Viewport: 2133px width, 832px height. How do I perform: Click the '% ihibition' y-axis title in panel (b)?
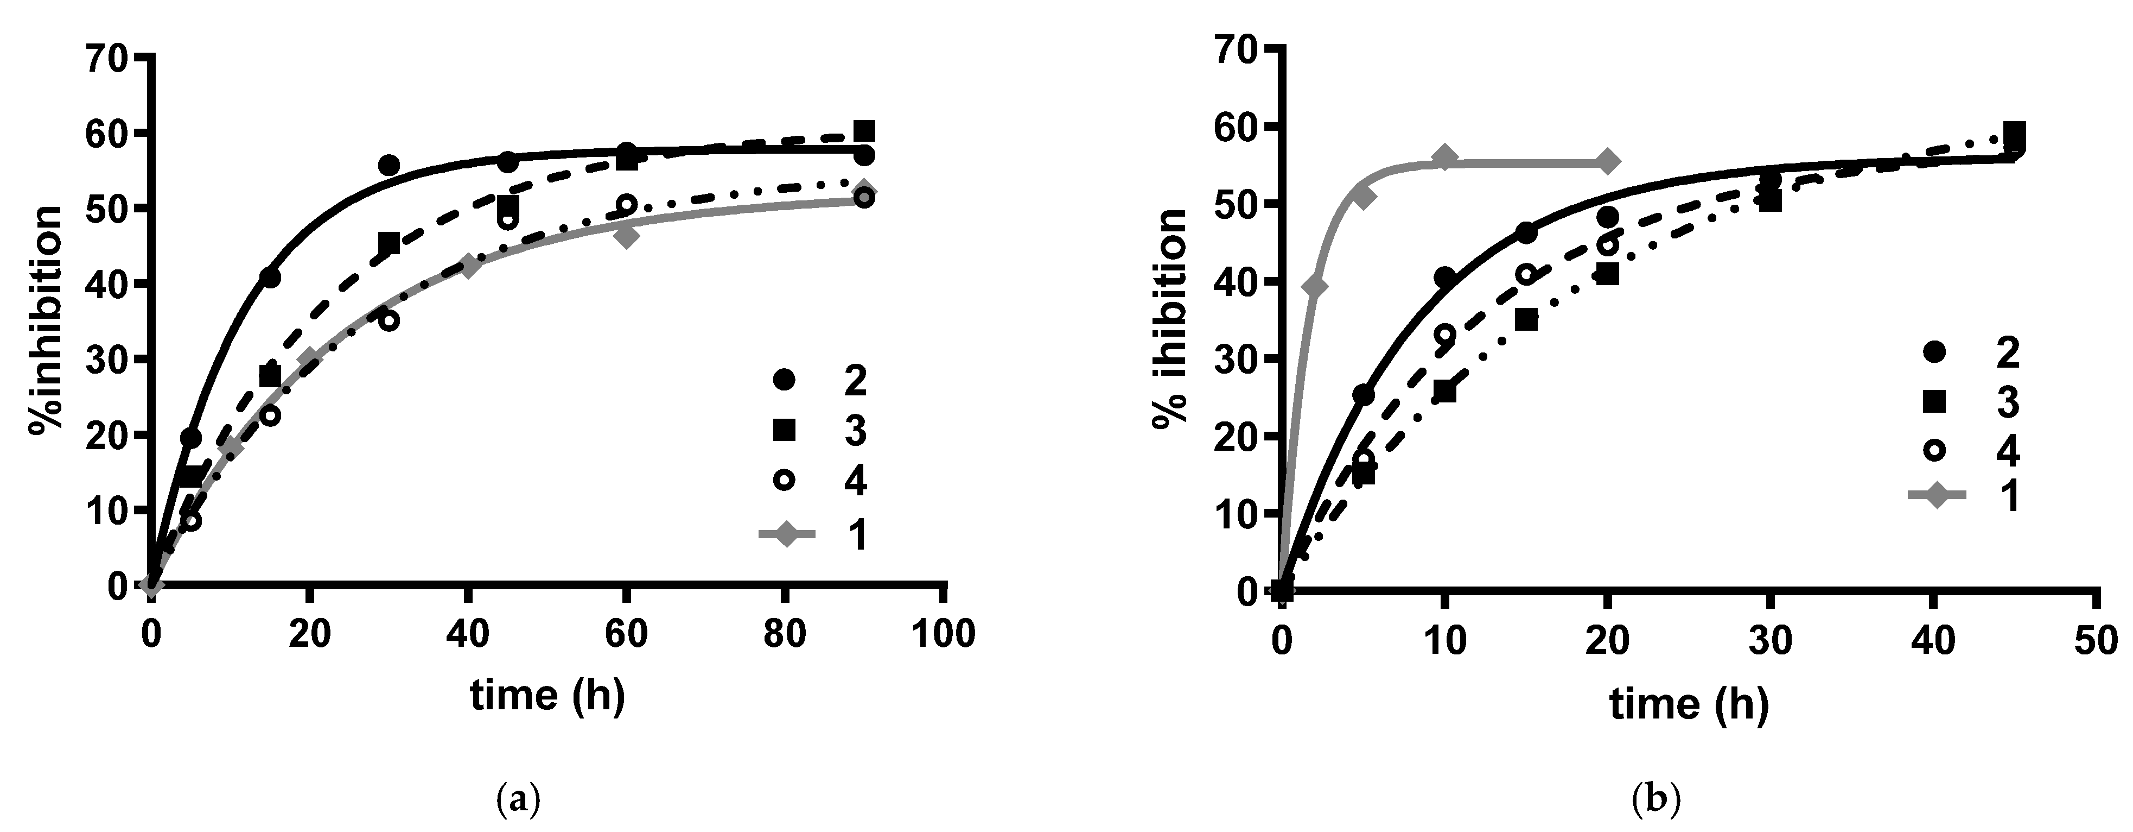[1169, 316]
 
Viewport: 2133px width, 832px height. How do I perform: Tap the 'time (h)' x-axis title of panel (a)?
[547, 695]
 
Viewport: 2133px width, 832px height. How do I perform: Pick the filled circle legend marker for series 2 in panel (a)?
[784, 380]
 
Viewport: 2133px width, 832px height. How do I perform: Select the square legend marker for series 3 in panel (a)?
[784, 430]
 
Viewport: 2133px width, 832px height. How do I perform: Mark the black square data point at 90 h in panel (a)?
[864, 131]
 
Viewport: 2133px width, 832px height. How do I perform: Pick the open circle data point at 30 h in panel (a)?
[389, 320]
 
